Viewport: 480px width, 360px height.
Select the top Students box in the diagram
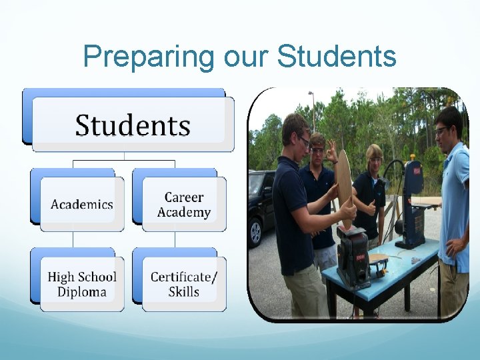tap(133, 125)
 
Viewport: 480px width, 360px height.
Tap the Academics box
tap(82, 204)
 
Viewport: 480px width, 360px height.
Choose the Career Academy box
tap(184, 205)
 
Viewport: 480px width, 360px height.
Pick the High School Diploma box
tap(82, 284)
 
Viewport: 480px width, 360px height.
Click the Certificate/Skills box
tap(184, 284)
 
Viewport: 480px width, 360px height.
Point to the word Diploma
tap(82, 292)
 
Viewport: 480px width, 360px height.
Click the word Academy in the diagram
tap(184, 213)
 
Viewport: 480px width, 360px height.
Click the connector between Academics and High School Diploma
tap(73, 239)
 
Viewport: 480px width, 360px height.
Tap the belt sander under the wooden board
tap(353, 253)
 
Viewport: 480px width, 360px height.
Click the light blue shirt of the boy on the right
tap(457, 200)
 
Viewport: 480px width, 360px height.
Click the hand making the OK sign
tap(331, 151)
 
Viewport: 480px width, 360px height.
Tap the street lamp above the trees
tap(311, 94)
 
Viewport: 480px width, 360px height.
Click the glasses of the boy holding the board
tap(303, 141)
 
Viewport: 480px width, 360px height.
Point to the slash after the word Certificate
tap(214, 276)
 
